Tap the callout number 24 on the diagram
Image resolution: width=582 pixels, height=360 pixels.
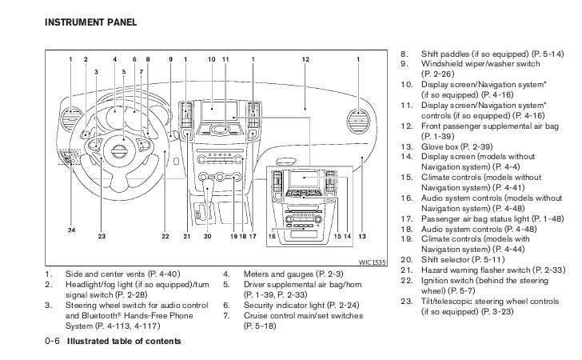coord(71,230)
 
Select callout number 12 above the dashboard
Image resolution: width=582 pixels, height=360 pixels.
coord(305,60)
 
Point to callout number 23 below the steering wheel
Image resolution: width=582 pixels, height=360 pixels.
coord(101,237)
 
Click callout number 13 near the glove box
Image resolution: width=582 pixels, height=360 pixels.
coord(361,237)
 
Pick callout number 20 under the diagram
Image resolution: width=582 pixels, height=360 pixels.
coord(207,237)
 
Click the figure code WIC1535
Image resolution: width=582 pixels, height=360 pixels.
coord(372,261)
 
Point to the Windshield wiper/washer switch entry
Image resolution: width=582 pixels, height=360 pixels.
coord(466,62)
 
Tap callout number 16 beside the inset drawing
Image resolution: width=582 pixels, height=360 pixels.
coord(272,237)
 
